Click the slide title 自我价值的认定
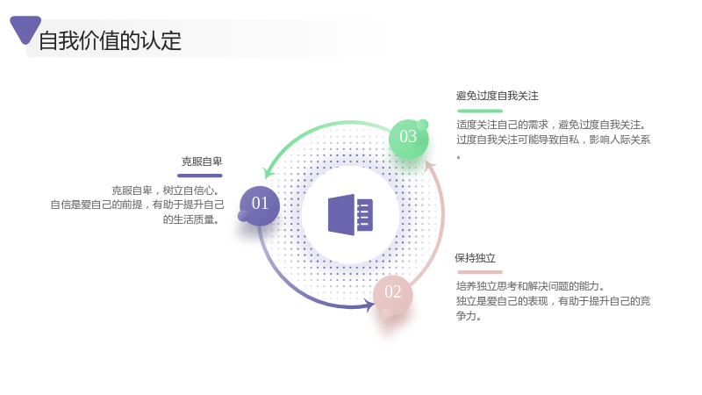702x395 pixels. [x=111, y=40]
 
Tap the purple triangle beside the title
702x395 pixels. [x=25, y=29]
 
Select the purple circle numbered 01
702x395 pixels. [x=260, y=205]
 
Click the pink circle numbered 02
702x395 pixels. [x=392, y=294]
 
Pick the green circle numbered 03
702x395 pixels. [x=408, y=139]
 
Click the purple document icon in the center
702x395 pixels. [x=350, y=214]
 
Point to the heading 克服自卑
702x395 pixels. [x=202, y=162]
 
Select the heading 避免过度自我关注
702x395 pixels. [x=497, y=96]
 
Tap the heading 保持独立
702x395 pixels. [x=475, y=258]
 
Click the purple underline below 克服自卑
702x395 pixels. [x=200, y=176]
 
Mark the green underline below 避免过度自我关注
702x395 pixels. [x=480, y=111]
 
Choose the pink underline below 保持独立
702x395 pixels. [x=480, y=272]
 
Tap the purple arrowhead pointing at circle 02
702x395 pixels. [x=369, y=305]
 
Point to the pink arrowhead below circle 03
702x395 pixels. [x=430, y=166]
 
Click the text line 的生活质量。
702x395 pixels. [x=191, y=219]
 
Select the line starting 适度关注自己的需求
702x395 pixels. [x=552, y=125]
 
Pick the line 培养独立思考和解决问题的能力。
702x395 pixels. [x=531, y=286]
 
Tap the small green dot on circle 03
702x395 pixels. [x=423, y=125]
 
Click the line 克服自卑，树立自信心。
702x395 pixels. [x=167, y=190]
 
